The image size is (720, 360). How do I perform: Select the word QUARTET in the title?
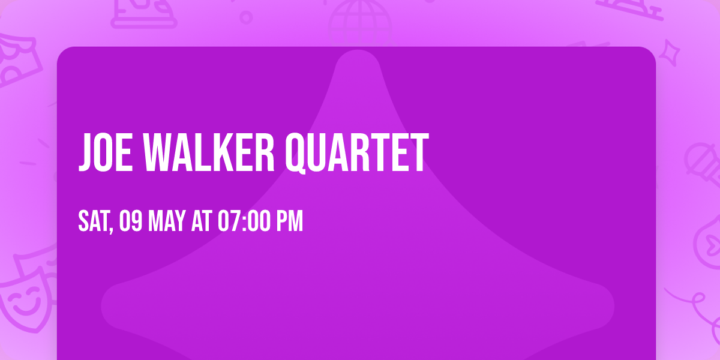pos(356,153)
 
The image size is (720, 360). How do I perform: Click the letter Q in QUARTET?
pos(296,154)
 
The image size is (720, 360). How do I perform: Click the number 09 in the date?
pos(130,221)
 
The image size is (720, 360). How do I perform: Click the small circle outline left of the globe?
pos(246,17)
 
